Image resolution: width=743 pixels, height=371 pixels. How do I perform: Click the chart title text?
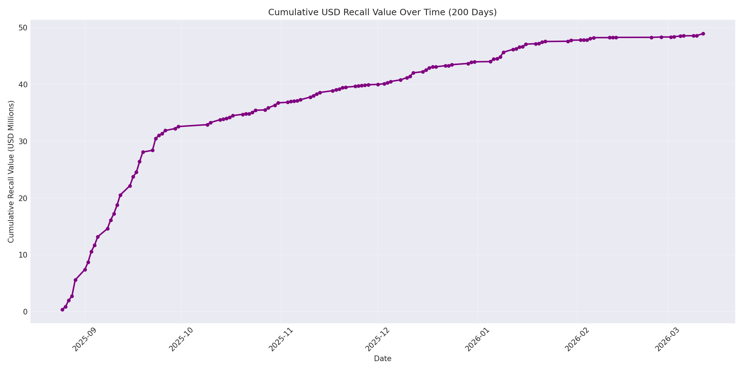(382, 12)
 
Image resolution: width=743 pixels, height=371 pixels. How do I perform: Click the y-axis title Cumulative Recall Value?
(11, 172)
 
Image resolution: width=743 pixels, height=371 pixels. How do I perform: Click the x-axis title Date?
(382, 359)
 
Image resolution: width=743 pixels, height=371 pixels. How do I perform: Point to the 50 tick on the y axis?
(23, 28)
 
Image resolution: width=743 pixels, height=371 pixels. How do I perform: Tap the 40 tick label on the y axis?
(23, 84)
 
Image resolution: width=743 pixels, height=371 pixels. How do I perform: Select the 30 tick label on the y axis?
(23, 141)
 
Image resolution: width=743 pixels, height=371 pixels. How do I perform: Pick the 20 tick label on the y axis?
(23, 198)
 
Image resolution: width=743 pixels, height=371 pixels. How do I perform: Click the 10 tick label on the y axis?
(23, 255)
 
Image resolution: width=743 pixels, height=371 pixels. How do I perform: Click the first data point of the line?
(62, 310)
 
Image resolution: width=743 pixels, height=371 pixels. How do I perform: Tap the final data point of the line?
(703, 34)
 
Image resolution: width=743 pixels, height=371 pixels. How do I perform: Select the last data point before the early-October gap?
(178, 126)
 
